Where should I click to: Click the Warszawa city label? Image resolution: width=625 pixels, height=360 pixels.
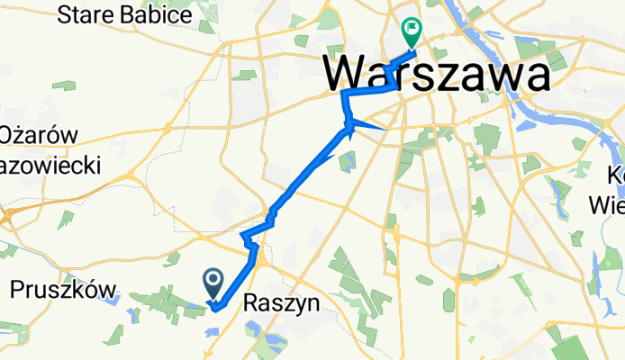(x=435, y=74)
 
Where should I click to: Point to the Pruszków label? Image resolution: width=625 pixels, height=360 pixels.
(x=64, y=290)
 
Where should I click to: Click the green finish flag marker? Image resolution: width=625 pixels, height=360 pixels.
(x=412, y=30)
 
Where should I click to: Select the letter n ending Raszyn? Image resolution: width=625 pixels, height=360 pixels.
(x=312, y=305)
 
